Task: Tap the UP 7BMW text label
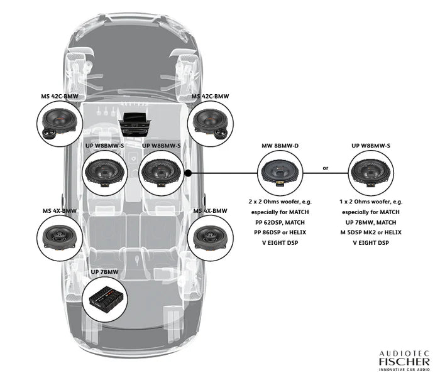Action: (x=105, y=273)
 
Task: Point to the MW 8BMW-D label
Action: (x=280, y=146)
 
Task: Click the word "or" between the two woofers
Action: (x=325, y=168)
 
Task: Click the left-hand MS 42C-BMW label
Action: (x=60, y=96)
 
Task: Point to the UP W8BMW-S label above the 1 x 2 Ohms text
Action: (x=371, y=146)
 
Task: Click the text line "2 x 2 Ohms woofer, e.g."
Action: (x=280, y=202)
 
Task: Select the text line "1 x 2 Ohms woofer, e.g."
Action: (x=371, y=202)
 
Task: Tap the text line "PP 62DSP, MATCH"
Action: (x=280, y=222)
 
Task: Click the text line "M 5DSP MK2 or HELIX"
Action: (x=371, y=232)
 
